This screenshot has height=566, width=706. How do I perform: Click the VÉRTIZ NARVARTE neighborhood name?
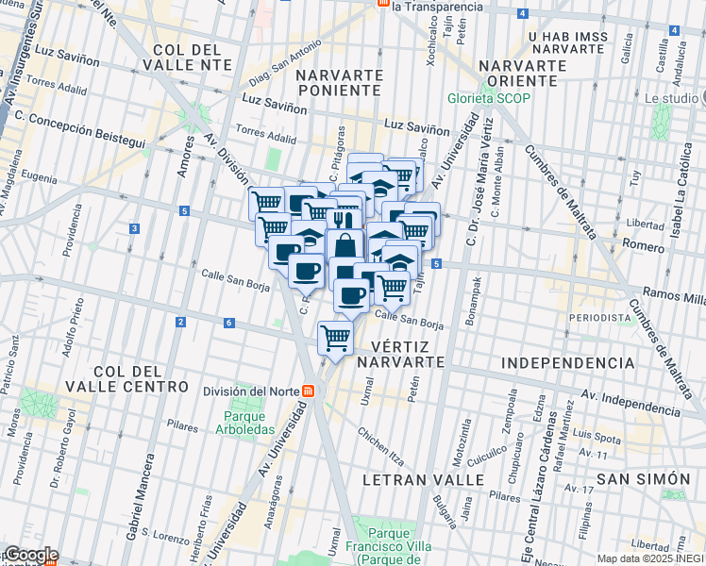pyautogui.click(x=402, y=354)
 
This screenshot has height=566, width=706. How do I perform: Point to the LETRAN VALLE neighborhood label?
pyautogui.click(x=424, y=480)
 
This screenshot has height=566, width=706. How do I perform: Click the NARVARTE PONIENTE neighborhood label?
pyautogui.click(x=339, y=82)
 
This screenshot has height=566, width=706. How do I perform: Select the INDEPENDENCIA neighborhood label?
pyautogui.click(x=568, y=363)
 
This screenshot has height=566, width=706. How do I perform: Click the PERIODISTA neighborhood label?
pyautogui.click(x=599, y=318)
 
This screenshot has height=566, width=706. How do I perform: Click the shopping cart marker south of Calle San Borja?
pyautogui.click(x=336, y=337)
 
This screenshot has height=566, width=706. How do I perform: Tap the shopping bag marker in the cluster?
pyautogui.click(x=345, y=245)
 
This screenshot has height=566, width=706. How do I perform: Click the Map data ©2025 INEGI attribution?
pyautogui.click(x=644, y=558)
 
